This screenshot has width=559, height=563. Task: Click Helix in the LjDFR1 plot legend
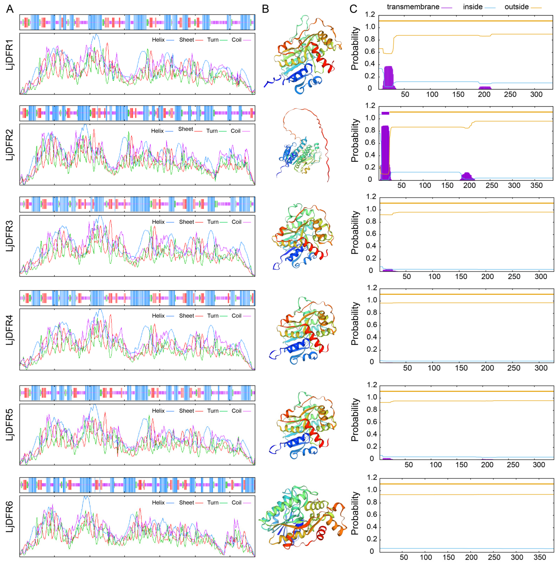pos(158,40)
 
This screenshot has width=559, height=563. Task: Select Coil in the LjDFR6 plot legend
pos(236,503)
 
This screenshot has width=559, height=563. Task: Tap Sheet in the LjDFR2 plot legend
pos(186,129)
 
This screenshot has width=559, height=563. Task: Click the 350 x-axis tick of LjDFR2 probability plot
pos(536,186)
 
